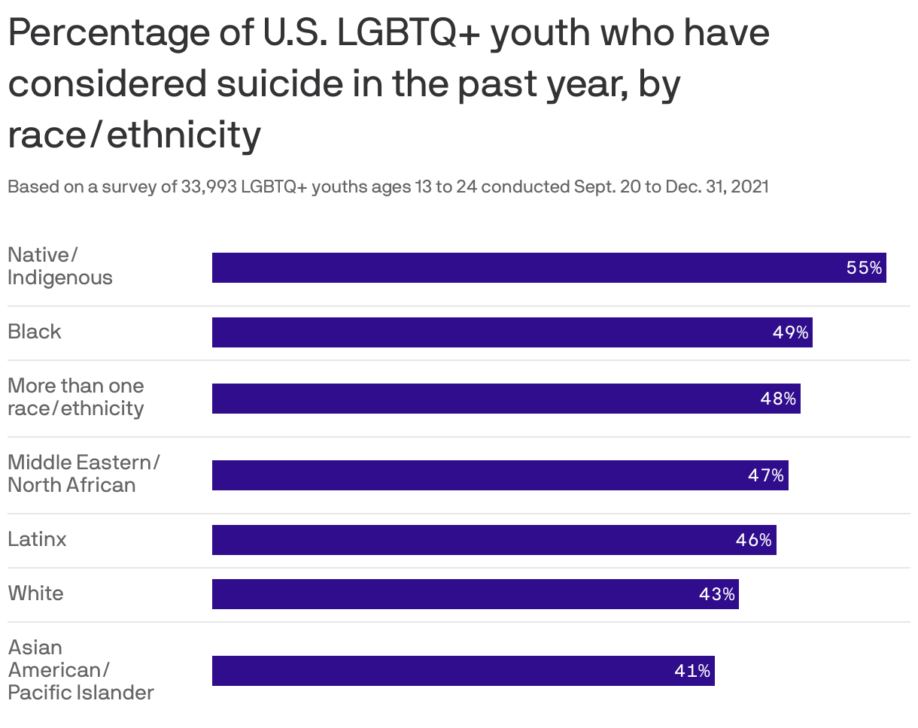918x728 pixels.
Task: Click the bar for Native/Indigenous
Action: pyautogui.click(x=549, y=268)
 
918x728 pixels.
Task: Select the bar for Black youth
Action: pyautogui.click(x=512, y=332)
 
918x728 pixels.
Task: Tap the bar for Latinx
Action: pyautogui.click(x=494, y=540)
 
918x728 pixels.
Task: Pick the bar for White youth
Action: pyautogui.click(x=475, y=594)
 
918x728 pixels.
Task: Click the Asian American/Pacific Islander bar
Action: pyautogui.click(x=463, y=671)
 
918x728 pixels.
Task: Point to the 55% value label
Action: pyautogui.click(x=864, y=268)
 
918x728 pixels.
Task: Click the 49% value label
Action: pyautogui.click(x=790, y=332)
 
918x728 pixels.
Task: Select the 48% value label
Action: pyautogui.click(x=778, y=399)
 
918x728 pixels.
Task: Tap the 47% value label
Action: pyautogui.click(x=766, y=475)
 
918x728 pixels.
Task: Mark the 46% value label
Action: pyautogui.click(x=754, y=540)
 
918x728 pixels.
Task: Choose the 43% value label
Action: pyautogui.click(x=716, y=594)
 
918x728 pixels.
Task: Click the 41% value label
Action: pyautogui.click(x=692, y=671)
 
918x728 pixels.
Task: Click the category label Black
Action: pyautogui.click(x=35, y=332)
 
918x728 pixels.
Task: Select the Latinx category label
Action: pyautogui.click(x=37, y=539)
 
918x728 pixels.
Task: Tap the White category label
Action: pyautogui.click(x=35, y=593)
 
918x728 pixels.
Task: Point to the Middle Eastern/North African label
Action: pyautogui.click(x=83, y=473)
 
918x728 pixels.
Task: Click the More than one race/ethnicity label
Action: pyautogui.click(x=75, y=397)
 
